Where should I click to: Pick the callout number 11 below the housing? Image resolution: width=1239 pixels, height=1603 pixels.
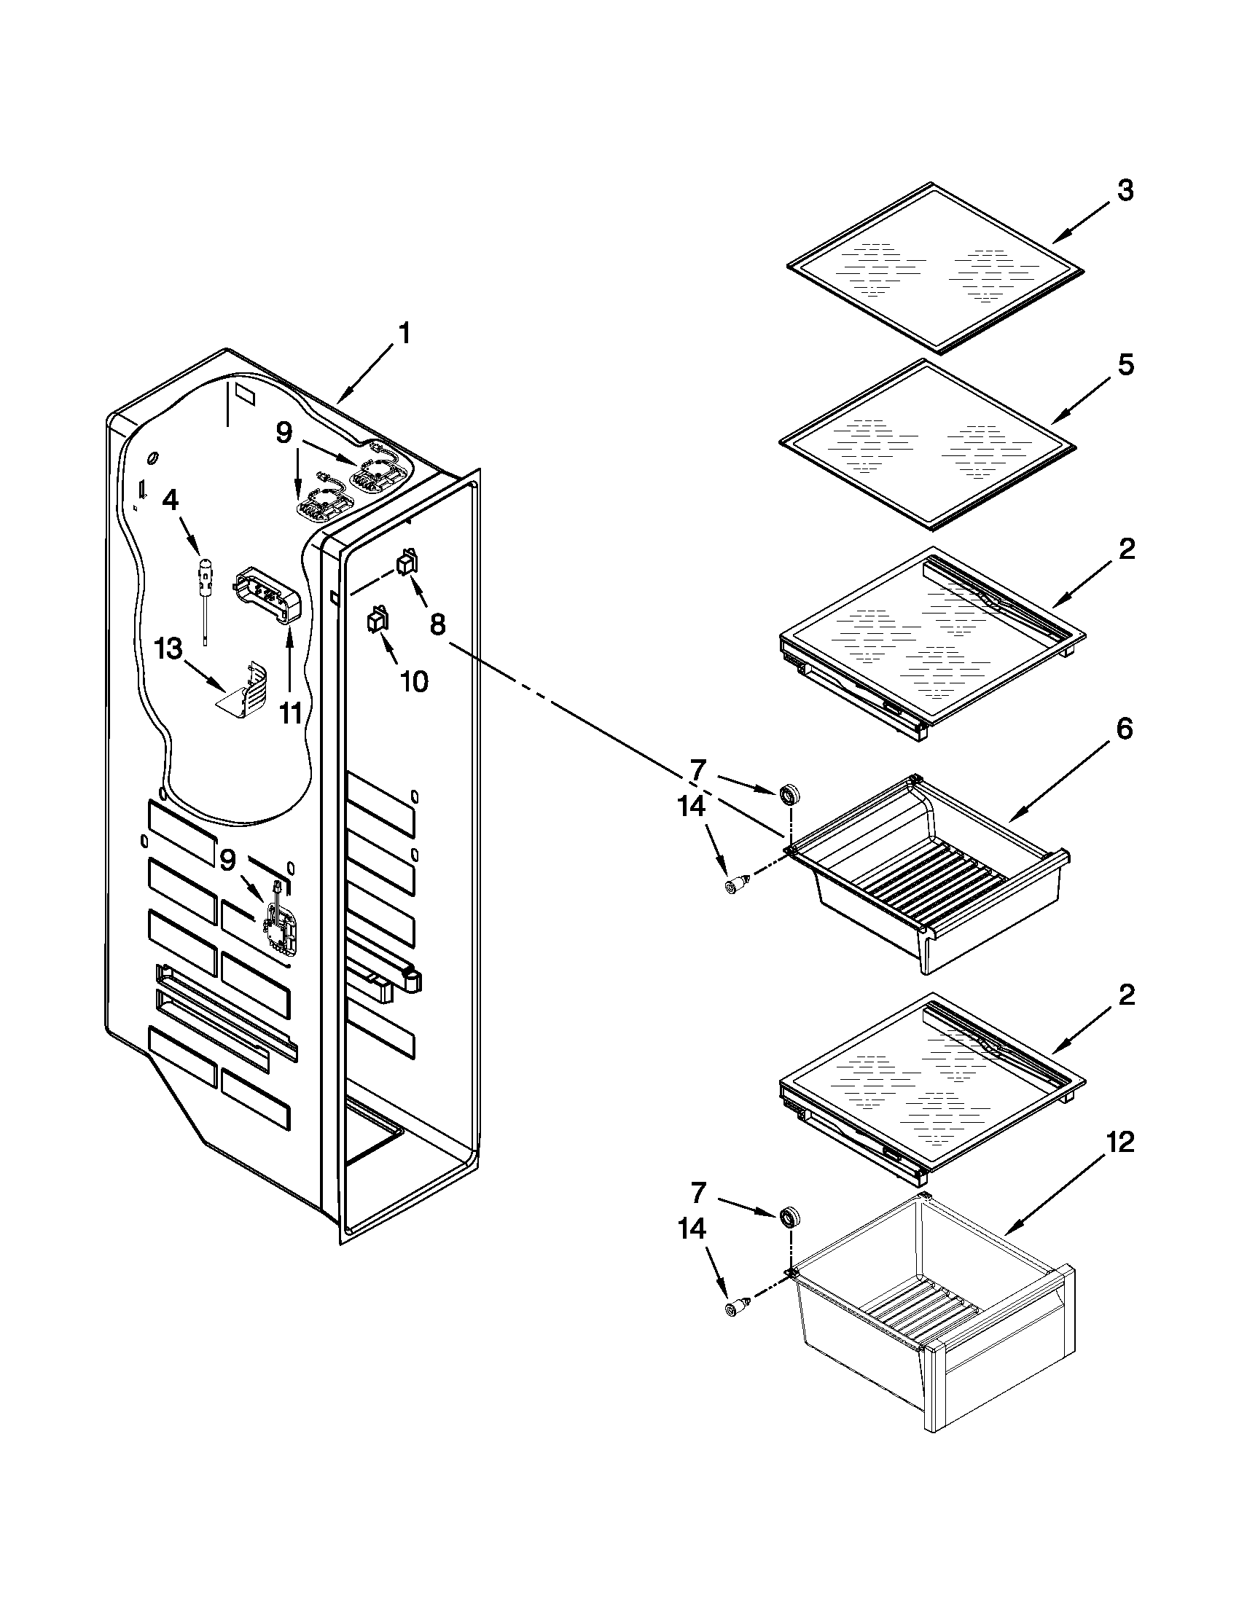(291, 712)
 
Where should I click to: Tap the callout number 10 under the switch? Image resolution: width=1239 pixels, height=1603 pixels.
(414, 682)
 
